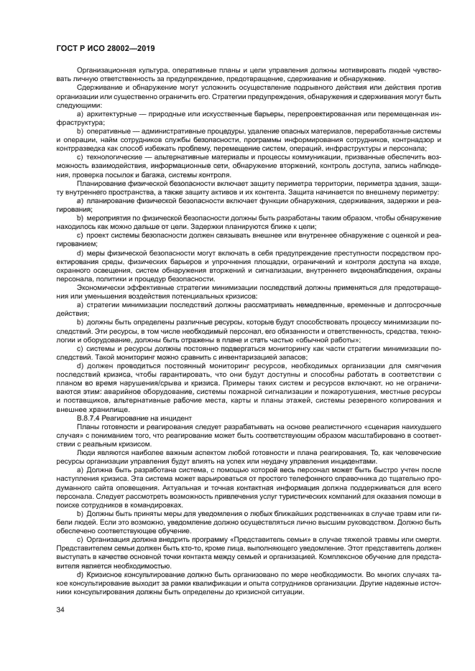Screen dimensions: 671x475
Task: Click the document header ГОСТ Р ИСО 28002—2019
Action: point(106,49)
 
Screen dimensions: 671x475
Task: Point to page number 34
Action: point(60,610)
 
